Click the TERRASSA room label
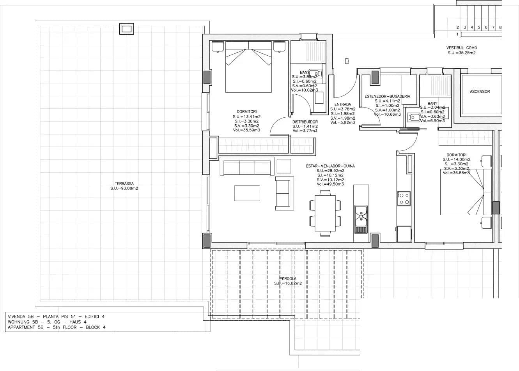124,184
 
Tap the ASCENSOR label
480,92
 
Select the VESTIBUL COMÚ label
461,48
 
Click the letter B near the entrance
347,61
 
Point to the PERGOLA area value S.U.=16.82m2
288,283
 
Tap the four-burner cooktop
404,198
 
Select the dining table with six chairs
325,213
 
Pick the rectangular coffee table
247,193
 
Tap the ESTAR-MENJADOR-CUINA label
330,166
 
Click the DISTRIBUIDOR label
305,122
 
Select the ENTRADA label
342,104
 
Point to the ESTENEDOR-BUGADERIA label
387,96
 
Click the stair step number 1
457,34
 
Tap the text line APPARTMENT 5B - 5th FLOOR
57,327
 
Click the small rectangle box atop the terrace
127,29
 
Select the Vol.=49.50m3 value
330,184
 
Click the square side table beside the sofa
284,166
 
